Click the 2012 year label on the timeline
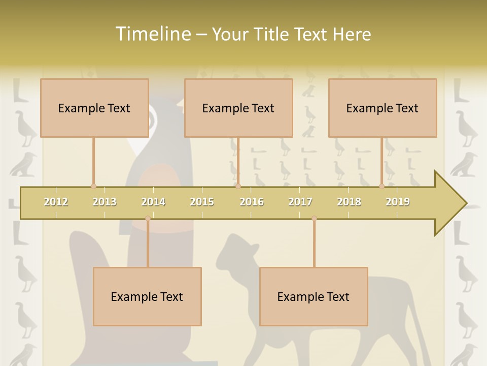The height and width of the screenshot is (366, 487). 56,202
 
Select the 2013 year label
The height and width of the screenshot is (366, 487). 105,202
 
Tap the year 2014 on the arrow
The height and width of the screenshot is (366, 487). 153,202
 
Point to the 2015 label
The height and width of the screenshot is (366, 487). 202,202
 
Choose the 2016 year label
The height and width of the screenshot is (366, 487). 252,202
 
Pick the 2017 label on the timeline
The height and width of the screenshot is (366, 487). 300,202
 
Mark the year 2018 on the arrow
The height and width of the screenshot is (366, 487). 349,202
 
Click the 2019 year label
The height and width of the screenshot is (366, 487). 398,202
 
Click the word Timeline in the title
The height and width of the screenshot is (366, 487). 152,34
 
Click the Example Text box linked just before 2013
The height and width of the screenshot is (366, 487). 94,108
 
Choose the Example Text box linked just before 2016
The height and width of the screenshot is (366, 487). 238,108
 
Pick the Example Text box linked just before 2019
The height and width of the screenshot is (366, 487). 382,108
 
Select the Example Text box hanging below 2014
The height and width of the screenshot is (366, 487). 147,296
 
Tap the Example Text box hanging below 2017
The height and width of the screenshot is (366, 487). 314,296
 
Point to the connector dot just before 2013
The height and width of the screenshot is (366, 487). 93,187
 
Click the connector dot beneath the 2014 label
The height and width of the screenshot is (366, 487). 148,219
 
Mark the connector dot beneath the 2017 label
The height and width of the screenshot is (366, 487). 314,219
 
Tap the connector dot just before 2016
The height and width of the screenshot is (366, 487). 238,187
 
